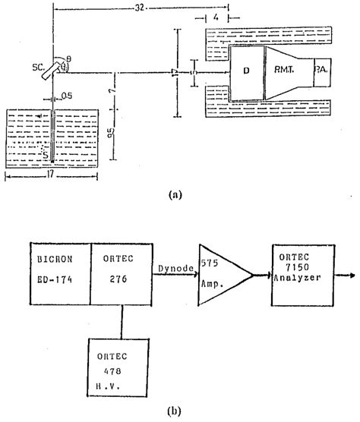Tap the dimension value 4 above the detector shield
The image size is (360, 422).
coord(218,16)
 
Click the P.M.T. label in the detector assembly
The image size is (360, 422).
coord(286,71)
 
